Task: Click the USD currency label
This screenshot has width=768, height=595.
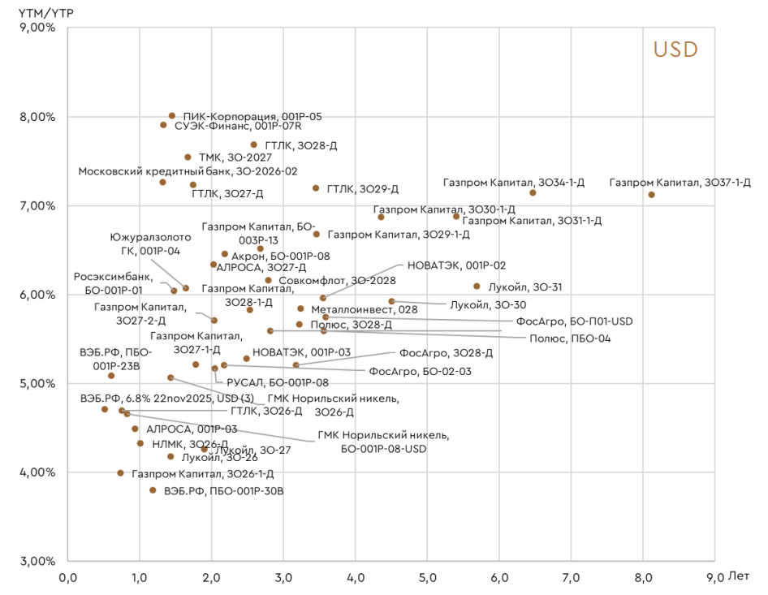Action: click(675, 50)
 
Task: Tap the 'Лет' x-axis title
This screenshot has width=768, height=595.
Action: click(740, 577)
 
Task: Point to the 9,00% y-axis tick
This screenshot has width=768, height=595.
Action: click(37, 28)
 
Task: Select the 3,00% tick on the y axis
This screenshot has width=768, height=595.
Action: click(37, 561)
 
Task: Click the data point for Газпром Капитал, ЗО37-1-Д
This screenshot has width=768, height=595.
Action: click(652, 195)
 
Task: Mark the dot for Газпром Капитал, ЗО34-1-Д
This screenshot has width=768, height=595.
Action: click(533, 192)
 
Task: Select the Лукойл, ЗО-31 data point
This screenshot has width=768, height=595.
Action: click(477, 287)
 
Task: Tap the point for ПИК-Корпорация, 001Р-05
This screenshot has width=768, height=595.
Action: click(172, 116)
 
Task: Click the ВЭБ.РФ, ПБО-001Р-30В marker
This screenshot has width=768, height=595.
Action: click(153, 490)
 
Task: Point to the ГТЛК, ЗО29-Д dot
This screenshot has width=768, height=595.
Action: click(316, 188)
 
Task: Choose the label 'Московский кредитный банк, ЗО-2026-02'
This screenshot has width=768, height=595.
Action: click(188, 172)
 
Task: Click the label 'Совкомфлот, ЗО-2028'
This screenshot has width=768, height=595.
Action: click(337, 281)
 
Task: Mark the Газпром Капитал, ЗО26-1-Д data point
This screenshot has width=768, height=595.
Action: click(120, 473)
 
